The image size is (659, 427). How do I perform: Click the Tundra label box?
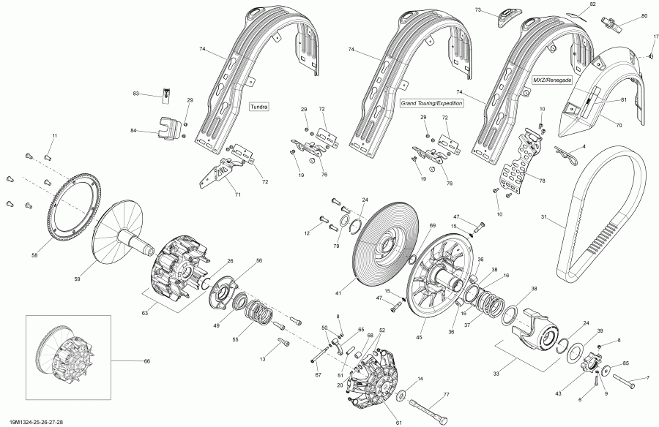coord(259,107)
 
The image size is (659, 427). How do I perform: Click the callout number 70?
coord(619,126)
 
